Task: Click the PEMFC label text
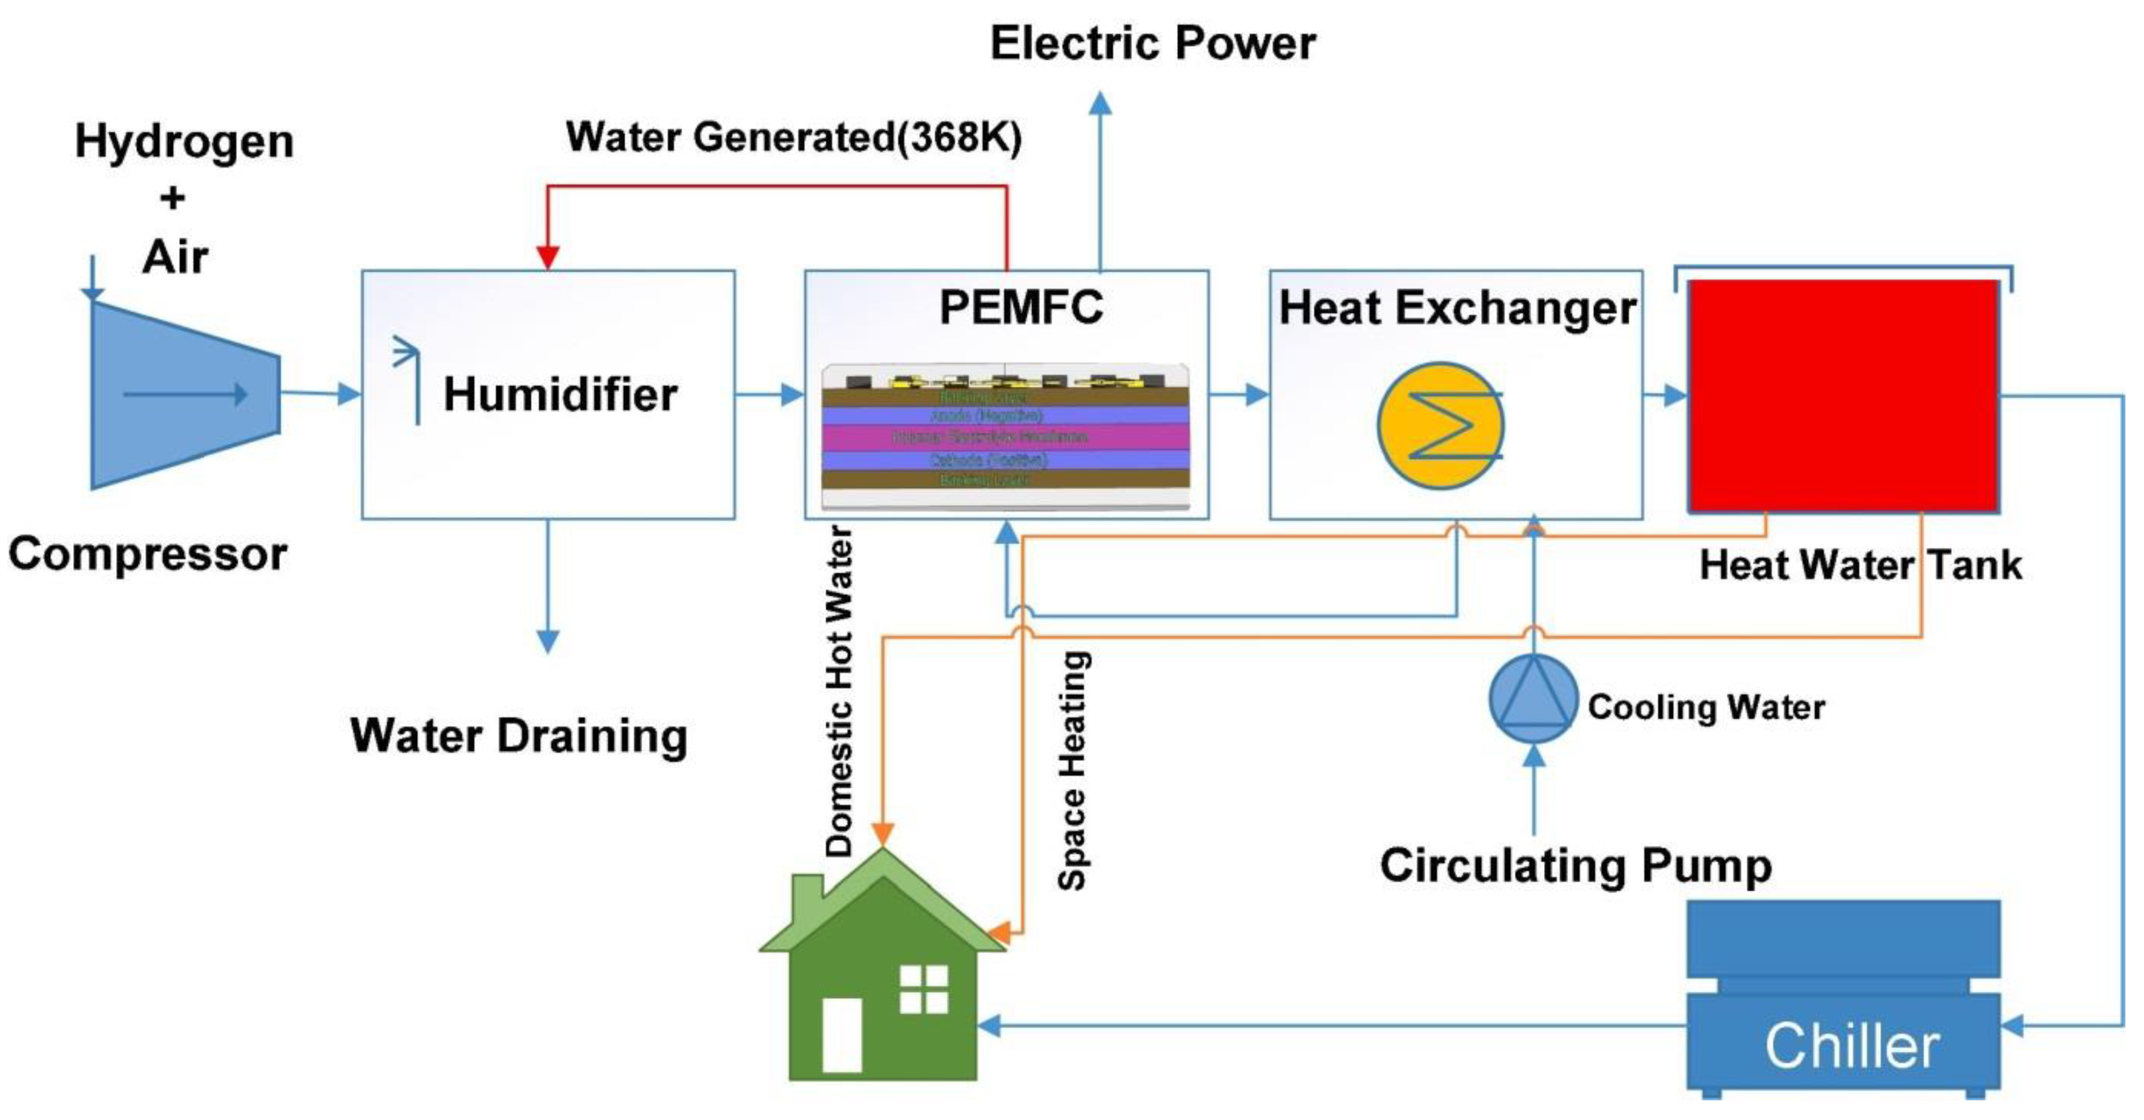pyautogui.click(x=1020, y=307)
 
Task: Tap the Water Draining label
pyautogui.click(x=518, y=736)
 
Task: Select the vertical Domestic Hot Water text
pyautogui.click(x=839, y=691)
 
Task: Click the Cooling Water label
pyautogui.click(x=1706, y=707)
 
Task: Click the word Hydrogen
pyautogui.click(x=184, y=141)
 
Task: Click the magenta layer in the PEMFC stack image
pyautogui.click(x=1005, y=436)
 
